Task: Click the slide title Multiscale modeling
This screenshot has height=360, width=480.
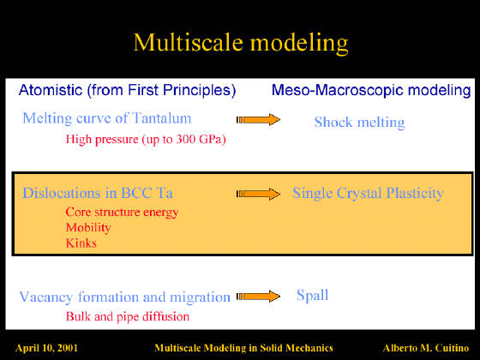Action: (x=241, y=43)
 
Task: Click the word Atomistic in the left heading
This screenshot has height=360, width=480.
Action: (x=51, y=90)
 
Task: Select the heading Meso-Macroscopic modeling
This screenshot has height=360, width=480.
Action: (x=371, y=90)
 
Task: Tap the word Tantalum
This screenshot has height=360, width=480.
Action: (x=162, y=118)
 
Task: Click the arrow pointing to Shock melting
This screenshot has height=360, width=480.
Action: (x=258, y=119)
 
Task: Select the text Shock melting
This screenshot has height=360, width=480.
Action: (x=359, y=123)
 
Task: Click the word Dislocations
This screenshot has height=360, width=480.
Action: (x=62, y=193)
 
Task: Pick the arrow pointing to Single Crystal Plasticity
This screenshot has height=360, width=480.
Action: (x=258, y=194)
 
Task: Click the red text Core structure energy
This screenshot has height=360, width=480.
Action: (x=122, y=213)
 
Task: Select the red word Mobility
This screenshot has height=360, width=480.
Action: (x=88, y=228)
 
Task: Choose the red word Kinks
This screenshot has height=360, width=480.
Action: (x=81, y=243)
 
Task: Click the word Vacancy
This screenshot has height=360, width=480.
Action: (x=46, y=297)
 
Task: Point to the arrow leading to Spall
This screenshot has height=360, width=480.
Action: (x=258, y=296)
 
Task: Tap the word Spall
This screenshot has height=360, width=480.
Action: (x=313, y=296)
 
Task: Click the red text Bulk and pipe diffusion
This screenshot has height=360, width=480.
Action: (x=128, y=316)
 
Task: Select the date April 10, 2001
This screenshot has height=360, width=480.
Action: (x=46, y=348)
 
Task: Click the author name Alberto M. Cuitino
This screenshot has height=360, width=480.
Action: (x=426, y=348)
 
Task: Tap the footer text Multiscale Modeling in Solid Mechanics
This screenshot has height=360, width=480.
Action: (x=243, y=348)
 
